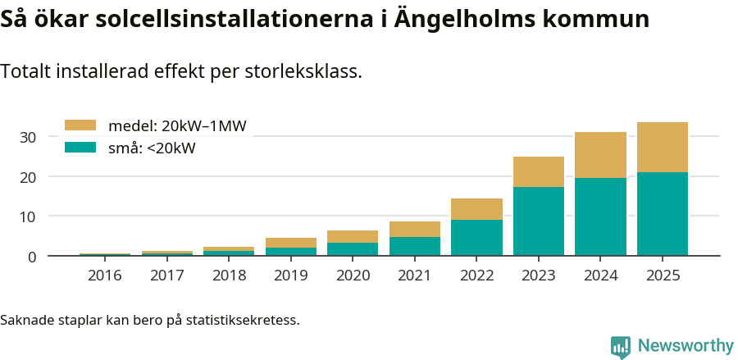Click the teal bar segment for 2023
pos(539,221)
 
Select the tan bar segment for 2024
pos(600,155)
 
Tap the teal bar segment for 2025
pos(663,213)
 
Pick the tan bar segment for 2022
pos(476,209)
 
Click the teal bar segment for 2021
pos(415,246)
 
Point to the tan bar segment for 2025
pos(663,147)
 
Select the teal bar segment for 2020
pos(353,248)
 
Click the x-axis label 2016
pos(105,276)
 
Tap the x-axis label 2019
pos(291,276)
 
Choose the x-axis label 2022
pos(476,276)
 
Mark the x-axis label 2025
pos(663,276)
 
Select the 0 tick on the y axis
pos(32,257)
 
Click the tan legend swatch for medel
pos(81,125)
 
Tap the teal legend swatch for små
pos(81,148)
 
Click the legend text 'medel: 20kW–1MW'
pos(177,125)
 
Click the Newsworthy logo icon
pos(621,346)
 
